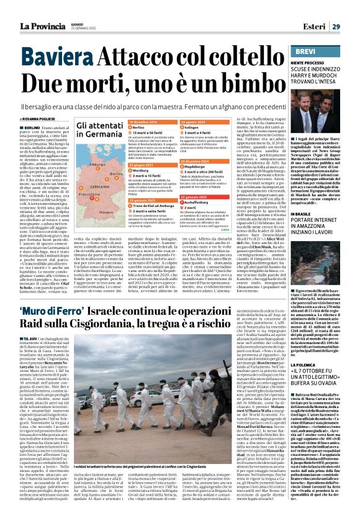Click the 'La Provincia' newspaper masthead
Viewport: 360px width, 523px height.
pyautogui.click(x=41, y=26)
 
